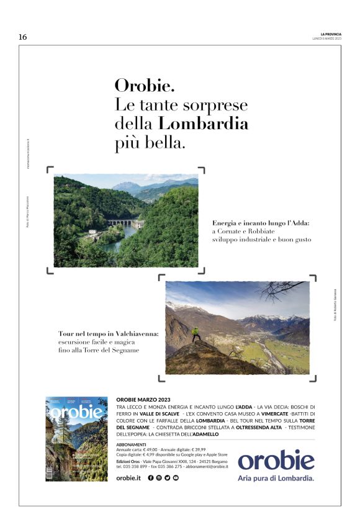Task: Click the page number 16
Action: click(x=23, y=37)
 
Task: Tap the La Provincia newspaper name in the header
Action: click(x=331, y=34)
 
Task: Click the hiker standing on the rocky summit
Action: click(x=196, y=334)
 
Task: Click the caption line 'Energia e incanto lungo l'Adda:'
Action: click(x=260, y=222)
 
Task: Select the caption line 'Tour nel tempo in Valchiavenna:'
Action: click(x=108, y=334)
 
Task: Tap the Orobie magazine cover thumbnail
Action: click(x=76, y=438)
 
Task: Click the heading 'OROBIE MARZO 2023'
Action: click(x=143, y=399)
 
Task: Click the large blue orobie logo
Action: click(x=276, y=460)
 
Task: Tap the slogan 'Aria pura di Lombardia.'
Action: click(x=276, y=479)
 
